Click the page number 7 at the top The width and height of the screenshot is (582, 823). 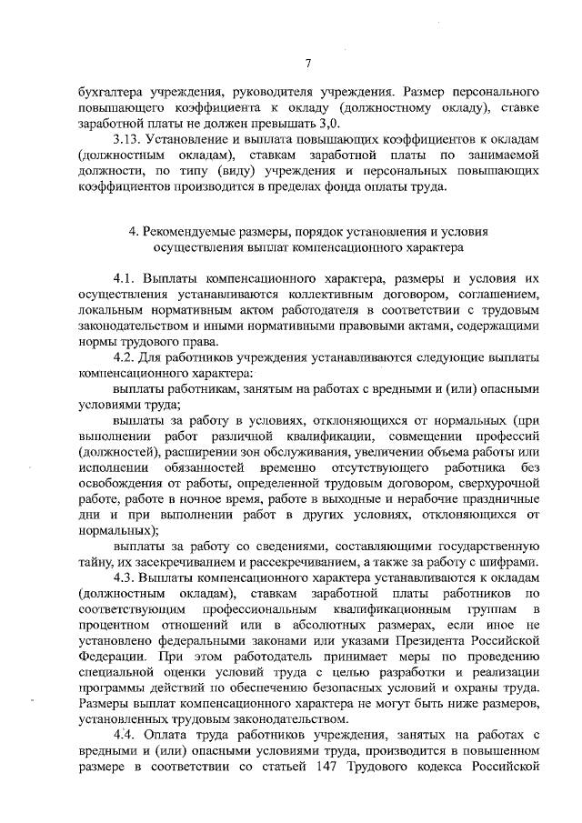308,63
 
